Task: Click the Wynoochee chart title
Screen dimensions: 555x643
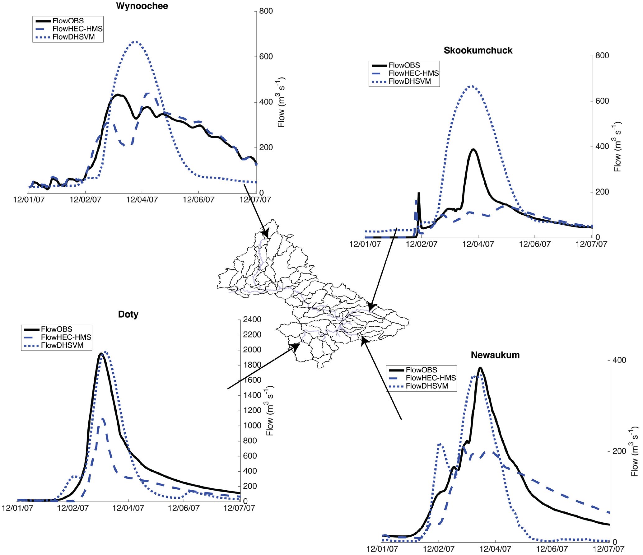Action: pyautogui.click(x=142, y=6)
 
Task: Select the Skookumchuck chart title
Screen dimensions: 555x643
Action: pyautogui.click(x=478, y=50)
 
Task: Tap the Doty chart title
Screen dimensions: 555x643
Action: pyautogui.click(x=128, y=314)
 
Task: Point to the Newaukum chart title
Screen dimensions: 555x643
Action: pyautogui.click(x=495, y=355)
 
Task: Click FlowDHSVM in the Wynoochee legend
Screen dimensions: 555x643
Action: pyautogui.click(x=73, y=37)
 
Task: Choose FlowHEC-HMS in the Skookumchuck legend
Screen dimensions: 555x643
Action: pyautogui.click(x=413, y=73)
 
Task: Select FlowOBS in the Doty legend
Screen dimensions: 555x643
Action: pyautogui.click(x=56, y=329)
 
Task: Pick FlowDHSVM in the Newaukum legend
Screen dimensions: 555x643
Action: pyautogui.click(x=427, y=386)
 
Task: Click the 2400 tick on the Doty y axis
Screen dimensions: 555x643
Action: pyautogui.click(x=252, y=319)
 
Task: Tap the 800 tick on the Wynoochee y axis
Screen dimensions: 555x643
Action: pyautogui.click(x=266, y=11)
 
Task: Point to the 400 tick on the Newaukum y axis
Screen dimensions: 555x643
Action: pyautogui.click(x=619, y=360)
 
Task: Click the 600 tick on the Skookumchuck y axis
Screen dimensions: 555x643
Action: pyautogui.click(x=602, y=101)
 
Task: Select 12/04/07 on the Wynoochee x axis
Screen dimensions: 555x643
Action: pyautogui.click(x=142, y=200)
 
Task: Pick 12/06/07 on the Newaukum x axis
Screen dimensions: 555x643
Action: pyautogui.click(x=552, y=549)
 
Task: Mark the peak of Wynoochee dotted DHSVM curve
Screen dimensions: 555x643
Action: pyautogui.click(x=134, y=42)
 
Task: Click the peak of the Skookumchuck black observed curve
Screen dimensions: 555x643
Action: pyautogui.click(x=473, y=150)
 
